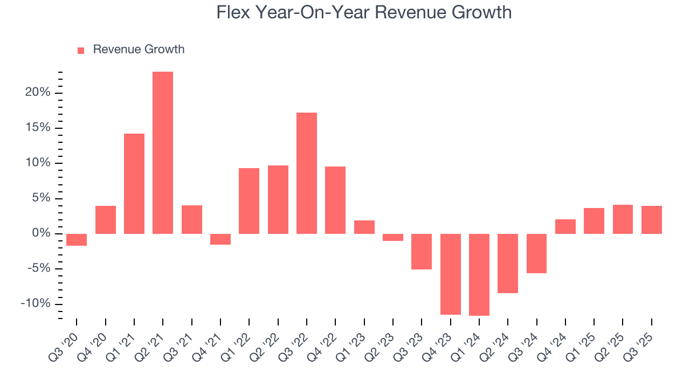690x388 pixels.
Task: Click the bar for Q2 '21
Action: point(163,153)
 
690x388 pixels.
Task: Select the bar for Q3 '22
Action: point(307,173)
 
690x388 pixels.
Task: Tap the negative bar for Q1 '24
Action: point(479,274)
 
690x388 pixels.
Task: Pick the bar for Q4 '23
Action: point(451,274)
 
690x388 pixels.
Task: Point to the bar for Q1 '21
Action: point(134,183)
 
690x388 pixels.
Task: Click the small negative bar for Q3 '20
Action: point(77,240)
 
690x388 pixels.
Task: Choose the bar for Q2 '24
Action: point(508,263)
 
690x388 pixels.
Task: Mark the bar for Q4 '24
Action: point(565,226)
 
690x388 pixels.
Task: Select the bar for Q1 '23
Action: point(364,227)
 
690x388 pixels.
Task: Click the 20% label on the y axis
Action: point(38,93)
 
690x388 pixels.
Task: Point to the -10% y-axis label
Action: point(36,304)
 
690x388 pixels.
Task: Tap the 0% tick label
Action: point(41,234)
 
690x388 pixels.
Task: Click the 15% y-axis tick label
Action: point(38,128)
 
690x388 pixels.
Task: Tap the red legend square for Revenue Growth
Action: point(81,50)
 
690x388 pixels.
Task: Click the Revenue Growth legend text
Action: point(139,50)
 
